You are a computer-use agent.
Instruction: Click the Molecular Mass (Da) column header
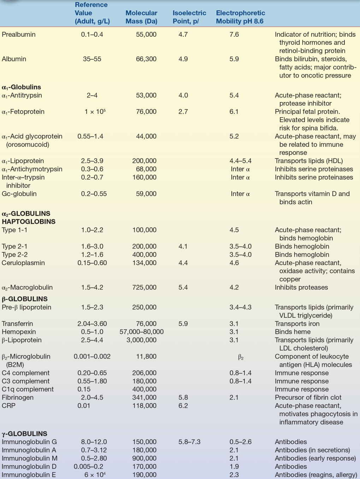[141, 17]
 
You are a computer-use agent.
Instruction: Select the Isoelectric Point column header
[189, 17]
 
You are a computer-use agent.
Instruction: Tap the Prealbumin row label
[19, 34]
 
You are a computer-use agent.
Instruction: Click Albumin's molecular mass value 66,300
[146, 59]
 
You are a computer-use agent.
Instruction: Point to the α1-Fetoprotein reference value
[95, 112]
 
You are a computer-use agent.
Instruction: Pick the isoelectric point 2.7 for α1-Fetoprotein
[183, 112]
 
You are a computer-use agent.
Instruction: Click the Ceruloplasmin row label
[23, 263]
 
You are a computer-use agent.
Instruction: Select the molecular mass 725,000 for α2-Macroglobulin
[144, 287]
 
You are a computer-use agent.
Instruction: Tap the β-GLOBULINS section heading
[25, 299]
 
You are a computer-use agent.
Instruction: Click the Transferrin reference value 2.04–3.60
[92, 324]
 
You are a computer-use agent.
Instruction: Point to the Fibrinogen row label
[18, 397]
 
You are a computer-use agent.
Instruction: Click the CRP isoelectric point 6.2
[183, 406]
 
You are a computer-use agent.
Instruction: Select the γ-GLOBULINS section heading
[24, 433]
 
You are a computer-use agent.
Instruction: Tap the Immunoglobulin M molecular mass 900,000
[144, 458]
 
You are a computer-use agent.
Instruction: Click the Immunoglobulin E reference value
[95, 475]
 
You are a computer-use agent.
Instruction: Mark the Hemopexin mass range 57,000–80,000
[141, 332]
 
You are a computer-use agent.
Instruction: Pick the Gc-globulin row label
[19, 194]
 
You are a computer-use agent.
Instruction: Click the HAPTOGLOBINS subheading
[29, 222]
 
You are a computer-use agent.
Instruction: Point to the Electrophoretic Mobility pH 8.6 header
[240, 17]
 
